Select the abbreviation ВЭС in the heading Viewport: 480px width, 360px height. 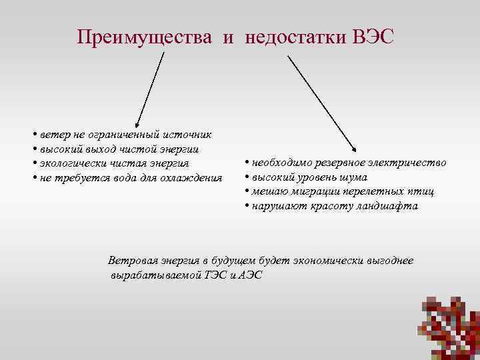375,36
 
